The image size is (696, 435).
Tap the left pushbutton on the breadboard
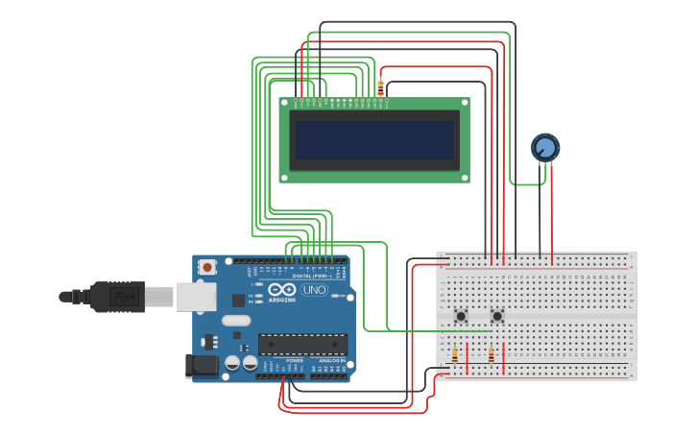(461, 316)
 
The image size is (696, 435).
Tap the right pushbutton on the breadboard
(497, 316)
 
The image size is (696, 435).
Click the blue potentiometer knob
(545, 147)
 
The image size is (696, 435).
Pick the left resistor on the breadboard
(455, 356)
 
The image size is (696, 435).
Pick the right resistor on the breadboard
(492, 356)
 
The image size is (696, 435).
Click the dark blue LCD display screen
(374, 139)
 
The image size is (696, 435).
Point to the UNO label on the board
(314, 290)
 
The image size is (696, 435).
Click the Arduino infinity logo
(282, 290)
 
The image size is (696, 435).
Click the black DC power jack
(204, 365)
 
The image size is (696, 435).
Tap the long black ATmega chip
(302, 344)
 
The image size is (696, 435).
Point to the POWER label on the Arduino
(294, 361)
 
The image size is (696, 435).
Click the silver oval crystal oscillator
(235, 321)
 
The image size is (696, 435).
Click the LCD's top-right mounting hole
(465, 102)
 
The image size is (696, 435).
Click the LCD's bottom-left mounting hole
(284, 178)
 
